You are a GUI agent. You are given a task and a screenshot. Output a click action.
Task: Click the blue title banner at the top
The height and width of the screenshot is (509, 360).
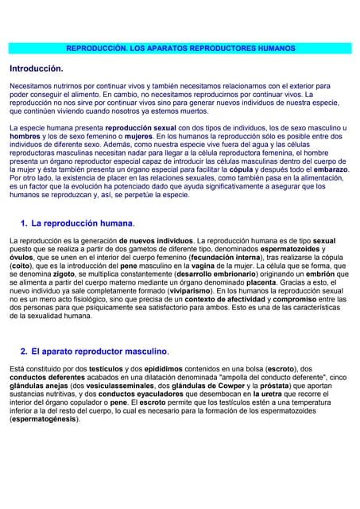[180, 49]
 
